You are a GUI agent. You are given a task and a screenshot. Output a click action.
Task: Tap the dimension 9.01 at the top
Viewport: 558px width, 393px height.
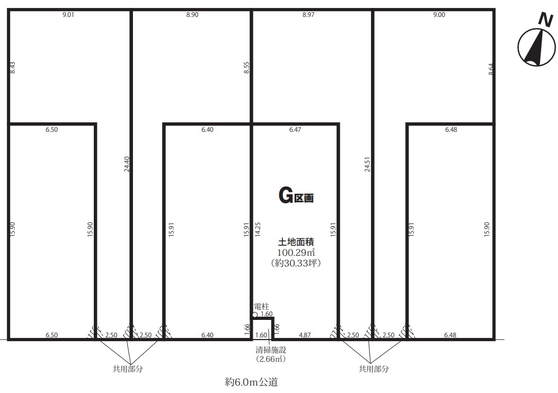68,15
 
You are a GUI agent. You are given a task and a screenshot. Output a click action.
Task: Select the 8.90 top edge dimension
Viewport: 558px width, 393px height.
192,15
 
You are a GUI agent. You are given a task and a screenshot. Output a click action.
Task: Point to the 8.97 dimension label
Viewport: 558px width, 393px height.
308,15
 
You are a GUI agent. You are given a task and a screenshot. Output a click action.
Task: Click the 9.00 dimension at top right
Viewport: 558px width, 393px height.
439,15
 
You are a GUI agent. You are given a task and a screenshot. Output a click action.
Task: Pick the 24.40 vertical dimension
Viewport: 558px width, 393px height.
127,164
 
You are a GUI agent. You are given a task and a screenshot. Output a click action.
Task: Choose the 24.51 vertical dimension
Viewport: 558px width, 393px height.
367,164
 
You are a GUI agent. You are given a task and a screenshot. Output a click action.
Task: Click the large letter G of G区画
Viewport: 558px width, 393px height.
286,196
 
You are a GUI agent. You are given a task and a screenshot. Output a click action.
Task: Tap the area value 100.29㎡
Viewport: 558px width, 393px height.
296,253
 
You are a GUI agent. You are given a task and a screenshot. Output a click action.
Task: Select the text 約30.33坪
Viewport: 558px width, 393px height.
296,263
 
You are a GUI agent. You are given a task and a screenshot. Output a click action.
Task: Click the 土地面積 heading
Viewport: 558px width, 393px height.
296,242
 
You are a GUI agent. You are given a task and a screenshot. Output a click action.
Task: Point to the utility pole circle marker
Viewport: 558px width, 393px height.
255,315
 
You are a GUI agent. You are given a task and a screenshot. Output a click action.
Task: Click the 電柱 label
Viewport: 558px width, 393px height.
262,306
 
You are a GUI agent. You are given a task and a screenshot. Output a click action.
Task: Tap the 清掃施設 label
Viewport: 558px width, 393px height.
271,350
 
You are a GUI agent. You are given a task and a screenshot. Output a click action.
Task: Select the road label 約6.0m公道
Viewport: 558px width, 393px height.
251,382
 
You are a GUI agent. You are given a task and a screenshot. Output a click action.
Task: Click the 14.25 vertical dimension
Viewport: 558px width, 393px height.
258,229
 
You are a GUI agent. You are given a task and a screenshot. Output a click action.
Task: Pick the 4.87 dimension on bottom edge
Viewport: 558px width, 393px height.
305,335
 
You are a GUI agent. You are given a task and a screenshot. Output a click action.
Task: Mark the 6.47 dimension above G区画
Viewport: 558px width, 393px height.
295,130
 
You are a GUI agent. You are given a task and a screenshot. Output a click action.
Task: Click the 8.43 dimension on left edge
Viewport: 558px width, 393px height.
13,68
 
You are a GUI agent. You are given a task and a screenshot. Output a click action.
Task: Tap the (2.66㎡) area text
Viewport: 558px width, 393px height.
271,359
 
